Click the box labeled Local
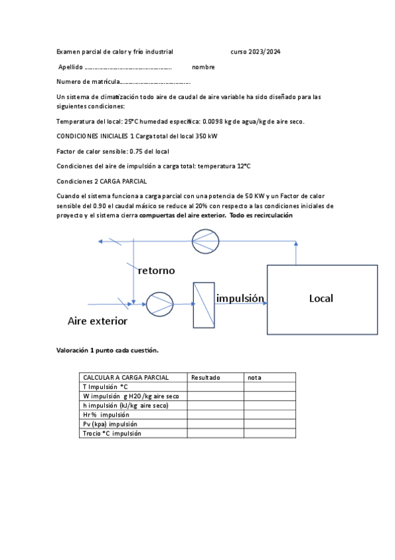[x=322, y=298]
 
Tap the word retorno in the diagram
[x=156, y=270]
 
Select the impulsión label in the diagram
[x=240, y=298]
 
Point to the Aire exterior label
[x=98, y=322]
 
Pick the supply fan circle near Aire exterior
[x=160, y=304]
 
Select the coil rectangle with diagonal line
[x=204, y=305]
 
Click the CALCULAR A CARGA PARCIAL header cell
[x=125, y=378]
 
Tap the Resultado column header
[x=205, y=378]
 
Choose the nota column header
[x=255, y=378]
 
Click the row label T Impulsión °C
[x=105, y=387]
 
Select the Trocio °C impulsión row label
[x=112, y=433]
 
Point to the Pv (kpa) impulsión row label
[x=110, y=424]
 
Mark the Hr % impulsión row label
[x=106, y=415]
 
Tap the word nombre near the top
[x=203, y=67]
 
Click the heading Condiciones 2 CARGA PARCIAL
[x=102, y=181]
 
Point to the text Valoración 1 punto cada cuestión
[x=107, y=351]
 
